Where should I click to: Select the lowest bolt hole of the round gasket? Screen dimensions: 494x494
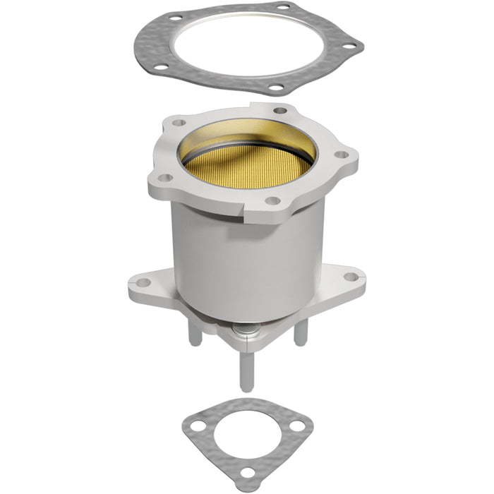[276, 88]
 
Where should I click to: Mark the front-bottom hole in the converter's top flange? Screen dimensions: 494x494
[270, 200]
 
